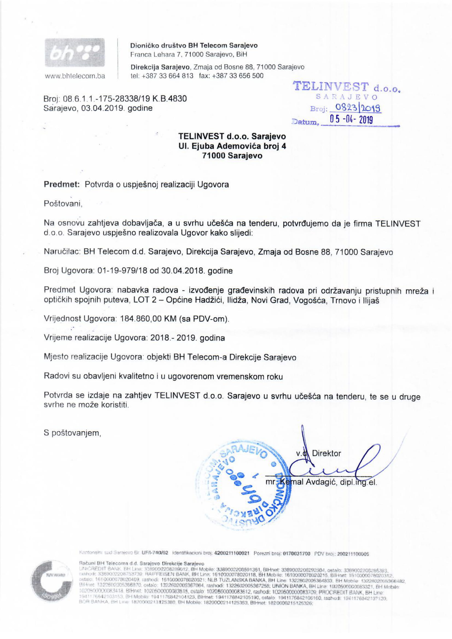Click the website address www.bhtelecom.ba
(x=75, y=76)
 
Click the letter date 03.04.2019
(x=103, y=108)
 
